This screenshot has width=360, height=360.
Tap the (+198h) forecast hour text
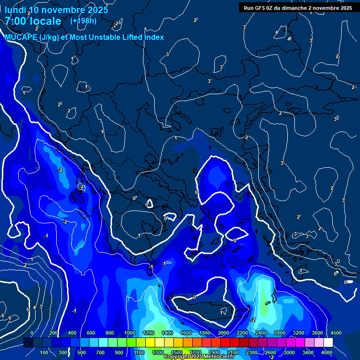click(x=83, y=21)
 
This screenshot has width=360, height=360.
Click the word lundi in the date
click(x=15, y=9)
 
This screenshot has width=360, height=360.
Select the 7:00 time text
click(x=16, y=21)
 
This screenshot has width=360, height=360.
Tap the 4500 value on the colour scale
click(x=336, y=333)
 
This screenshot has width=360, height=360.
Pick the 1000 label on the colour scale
click(x=130, y=333)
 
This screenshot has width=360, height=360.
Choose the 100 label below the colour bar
click(x=45, y=352)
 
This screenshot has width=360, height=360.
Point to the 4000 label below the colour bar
click(x=327, y=352)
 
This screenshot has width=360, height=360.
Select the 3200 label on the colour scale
click(x=299, y=333)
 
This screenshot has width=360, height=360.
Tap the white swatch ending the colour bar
click(x=328, y=343)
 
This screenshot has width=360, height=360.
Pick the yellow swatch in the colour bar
click(x=150, y=343)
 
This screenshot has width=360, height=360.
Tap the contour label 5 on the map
click(x=28, y=309)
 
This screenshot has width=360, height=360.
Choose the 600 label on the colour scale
click(x=91, y=333)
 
